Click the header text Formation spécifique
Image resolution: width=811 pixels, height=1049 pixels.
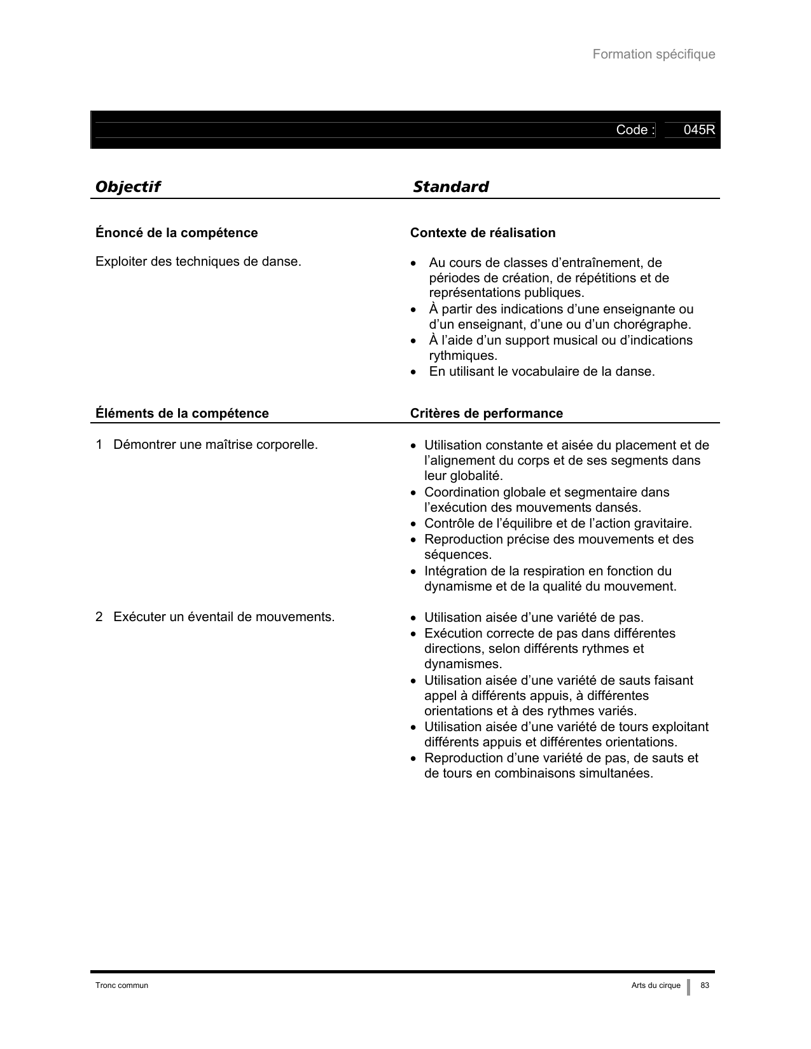pyautogui.click(x=653, y=54)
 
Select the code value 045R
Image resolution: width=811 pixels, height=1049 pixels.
pyautogui.click(x=699, y=130)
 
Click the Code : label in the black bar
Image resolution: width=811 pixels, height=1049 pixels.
pyautogui.click(x=635, y=130)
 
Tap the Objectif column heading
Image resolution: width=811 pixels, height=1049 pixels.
pyautogui.click(x=127, y=186)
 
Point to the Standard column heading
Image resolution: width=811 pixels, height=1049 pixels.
pyautogui.click(x=450, y=186)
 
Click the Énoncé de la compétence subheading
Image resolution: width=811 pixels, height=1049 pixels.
pyautogui.click(x=176, y=233)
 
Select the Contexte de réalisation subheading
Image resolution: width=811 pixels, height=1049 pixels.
pyautogui.click(x=483, y=233)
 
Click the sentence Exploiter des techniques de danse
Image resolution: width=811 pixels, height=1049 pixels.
pyautogui.click(x=198, y=261)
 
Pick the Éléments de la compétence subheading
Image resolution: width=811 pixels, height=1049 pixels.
pyautogui.click(x=182, y=413)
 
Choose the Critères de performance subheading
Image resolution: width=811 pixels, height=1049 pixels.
pyautogui.click(x=486, y=413)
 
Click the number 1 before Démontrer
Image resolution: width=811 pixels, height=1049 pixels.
pyautogui.click(x=99, y=444)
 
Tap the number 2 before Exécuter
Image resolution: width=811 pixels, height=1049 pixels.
pyautogui.click(x=99, y=617)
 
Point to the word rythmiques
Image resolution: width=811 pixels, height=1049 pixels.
pyautogui.click(x=463, y=355)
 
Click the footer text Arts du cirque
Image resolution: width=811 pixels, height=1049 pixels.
pyautogui.click(x=656, y=985)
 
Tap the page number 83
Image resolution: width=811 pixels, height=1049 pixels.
pyautogui.click(x=704, y=985)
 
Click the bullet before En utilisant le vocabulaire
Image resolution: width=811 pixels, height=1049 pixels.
pyautogui.click(x=414, y=371)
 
